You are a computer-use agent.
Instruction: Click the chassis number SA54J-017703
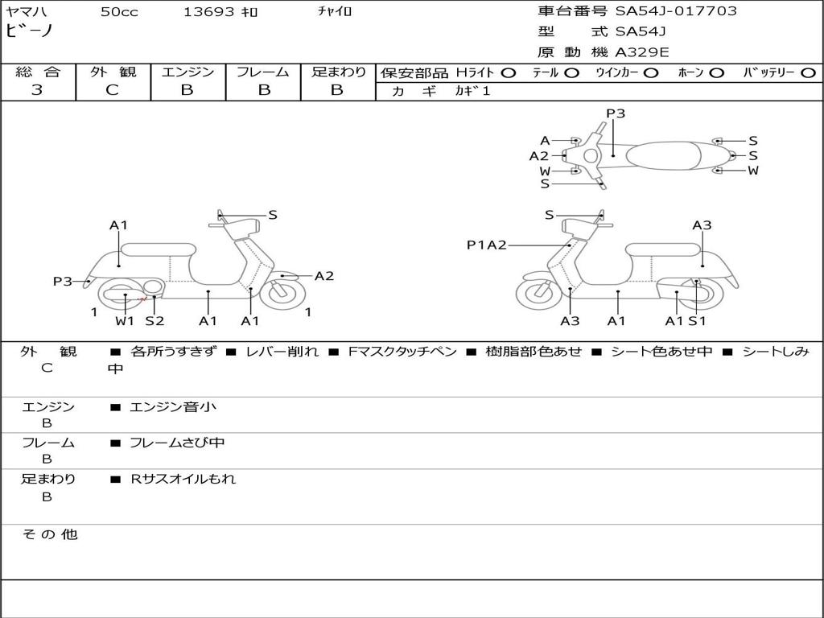tap(676, 11)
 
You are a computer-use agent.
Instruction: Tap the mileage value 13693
tap(208, 11)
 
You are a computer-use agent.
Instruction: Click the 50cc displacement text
tap(119, 11)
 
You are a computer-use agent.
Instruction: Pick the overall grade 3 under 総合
tap(37, 90)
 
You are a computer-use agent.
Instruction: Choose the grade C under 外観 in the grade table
tap(113, 90)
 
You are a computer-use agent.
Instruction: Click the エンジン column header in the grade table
tap(187, 72)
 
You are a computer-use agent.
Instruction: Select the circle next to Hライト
tap(509, 73)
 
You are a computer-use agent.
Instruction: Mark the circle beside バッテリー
tap(808, 73)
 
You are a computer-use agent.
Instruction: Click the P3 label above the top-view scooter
tap(616, 113)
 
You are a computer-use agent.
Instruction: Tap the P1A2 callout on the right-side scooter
tap(487, 245)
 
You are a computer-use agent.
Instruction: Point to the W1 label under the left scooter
tap(125, 320)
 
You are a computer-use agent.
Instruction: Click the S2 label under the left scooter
tap(154, 320)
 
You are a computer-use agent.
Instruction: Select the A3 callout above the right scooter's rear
tap(702, 225)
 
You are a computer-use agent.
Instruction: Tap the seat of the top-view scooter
tap(663, 156)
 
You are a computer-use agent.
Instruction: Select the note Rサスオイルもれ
tap(183, 479)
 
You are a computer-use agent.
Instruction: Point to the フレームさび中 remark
tap(177, 443)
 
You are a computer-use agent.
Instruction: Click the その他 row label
tap(50, 534)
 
